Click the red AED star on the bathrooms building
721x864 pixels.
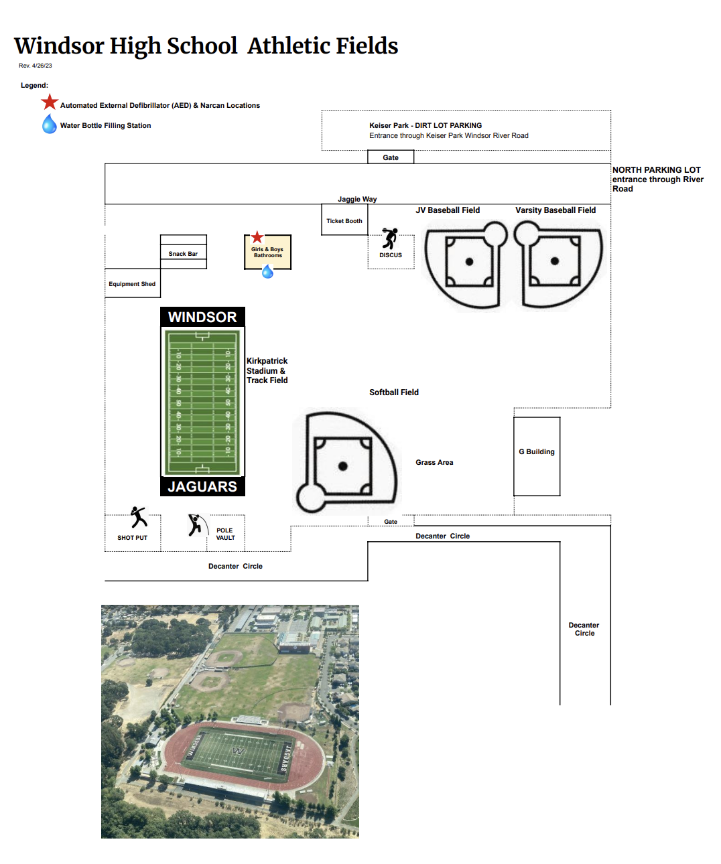tap(257, 238)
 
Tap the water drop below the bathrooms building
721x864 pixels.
tap(267, 271)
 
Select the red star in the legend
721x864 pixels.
tap(50, 102)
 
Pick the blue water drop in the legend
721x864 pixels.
tap(50, 124)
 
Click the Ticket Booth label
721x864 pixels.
tap(344, 221)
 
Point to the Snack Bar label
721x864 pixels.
tap(183, 254)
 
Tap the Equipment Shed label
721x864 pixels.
tap(132, 284)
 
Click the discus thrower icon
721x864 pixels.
tap(390, 238)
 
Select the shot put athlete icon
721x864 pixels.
tap(138, 517)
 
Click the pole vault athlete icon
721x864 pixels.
tap(194, 525)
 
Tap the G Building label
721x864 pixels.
tap(537, 452)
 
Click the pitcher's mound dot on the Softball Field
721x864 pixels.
tap(343, 466)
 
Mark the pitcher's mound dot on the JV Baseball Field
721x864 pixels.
tap(469, 262)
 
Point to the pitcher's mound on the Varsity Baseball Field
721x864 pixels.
tap(555, 261)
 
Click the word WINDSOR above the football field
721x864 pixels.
tap(202, 317)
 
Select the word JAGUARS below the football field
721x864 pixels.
tap(202, 487)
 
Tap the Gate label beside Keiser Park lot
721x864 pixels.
tap(391, 158)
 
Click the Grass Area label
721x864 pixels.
tap(434, 463)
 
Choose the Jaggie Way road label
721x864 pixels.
tap(357, 200)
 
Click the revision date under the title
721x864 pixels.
tap(36, 66)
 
